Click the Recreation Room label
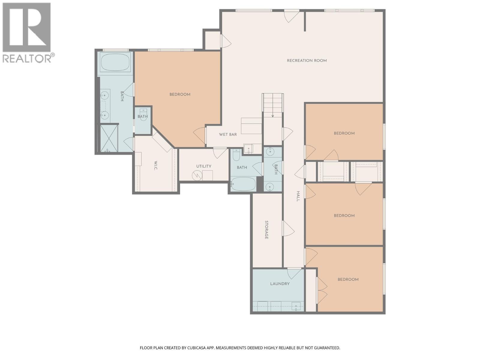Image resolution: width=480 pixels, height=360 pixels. click(307, 61)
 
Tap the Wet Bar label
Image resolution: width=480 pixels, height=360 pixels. click(228, 134)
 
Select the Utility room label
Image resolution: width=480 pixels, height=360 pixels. click(204, 166)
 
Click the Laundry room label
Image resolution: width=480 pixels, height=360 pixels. click(280, 283)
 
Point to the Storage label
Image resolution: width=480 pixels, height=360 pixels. click(266, 230)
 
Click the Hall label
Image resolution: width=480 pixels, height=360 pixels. click(298, 196)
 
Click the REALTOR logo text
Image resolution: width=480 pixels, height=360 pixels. click(27, 58)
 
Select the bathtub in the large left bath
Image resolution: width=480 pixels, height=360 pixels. click(115, 62)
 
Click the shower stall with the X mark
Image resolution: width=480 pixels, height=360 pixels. click(109, 138)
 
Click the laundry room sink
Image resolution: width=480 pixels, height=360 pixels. click(296, 307)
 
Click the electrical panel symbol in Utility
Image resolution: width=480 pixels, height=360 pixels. click(197, 175)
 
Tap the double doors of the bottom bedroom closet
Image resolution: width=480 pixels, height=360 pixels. click(322, 290)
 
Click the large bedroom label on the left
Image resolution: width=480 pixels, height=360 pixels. click(180, 94)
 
